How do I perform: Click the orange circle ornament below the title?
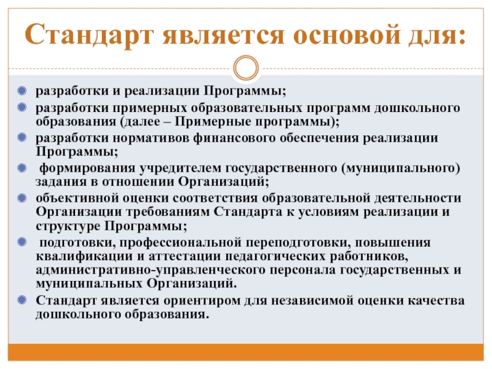[246, 68]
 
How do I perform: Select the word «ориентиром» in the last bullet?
[203, 301]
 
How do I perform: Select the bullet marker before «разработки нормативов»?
[23, 137]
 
